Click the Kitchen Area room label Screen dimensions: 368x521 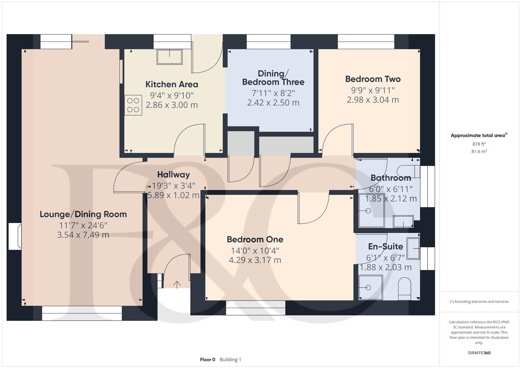[x=172, y=84]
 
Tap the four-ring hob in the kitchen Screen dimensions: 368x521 [x=133, y=105]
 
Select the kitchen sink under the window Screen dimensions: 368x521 [x=169, y=57]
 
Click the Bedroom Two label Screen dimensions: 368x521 [x=373, y=79]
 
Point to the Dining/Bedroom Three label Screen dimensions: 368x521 [x=273, y=78]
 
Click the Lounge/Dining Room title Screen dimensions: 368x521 [x=83, y=214]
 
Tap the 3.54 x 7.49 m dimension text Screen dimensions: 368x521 [x=83, y=235]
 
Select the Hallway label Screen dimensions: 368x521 [x=173, y=174]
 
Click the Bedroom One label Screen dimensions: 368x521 [x=255, y=239]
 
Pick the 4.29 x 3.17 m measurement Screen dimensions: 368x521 [x=255, y=260]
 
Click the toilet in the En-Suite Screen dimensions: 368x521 [x=405, y=288]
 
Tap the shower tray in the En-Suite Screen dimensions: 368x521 [x=371, y=287]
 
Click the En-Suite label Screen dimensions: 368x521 [x=386, y=246]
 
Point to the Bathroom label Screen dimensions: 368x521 [x=391, y=178]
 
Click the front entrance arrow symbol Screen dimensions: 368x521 [x=177, y=284]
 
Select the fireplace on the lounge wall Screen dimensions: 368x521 [x=15, y=236]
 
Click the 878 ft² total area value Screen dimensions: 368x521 [x=479, y=144]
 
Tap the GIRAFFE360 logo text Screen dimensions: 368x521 [x=479, y=353]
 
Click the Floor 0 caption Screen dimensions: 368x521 [x=207, y=359]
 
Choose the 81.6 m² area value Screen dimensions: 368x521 [x=479, y=152]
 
